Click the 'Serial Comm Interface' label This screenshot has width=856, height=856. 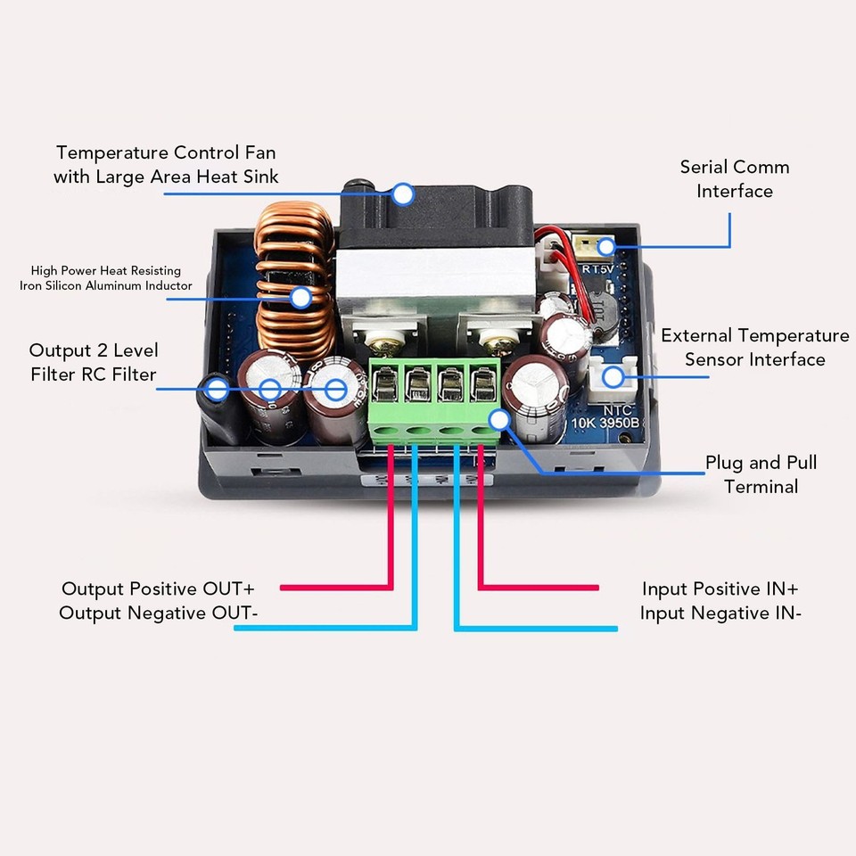tap(734, 179)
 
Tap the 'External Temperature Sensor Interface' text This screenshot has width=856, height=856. tap(754, 348)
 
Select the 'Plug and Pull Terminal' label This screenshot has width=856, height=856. tap(761, 474)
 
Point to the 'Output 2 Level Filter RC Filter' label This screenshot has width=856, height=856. tap(93, 362)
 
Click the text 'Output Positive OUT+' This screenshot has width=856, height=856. tap(158, 588)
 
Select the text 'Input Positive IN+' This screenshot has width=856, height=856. tap(720, 588)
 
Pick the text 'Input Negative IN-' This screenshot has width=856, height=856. tap(720, 613)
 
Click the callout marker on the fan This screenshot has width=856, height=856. tap(403, 193)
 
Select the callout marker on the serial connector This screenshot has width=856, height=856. tap(607, 247)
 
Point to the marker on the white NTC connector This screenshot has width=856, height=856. tap(613, 377)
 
